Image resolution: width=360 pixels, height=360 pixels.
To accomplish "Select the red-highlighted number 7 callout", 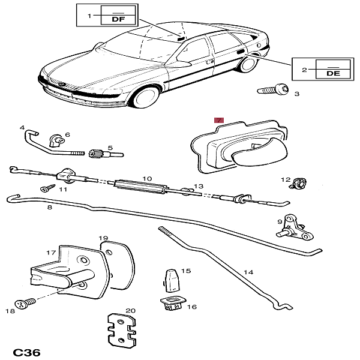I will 219,121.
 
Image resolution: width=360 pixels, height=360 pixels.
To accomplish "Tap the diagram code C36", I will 26,352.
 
